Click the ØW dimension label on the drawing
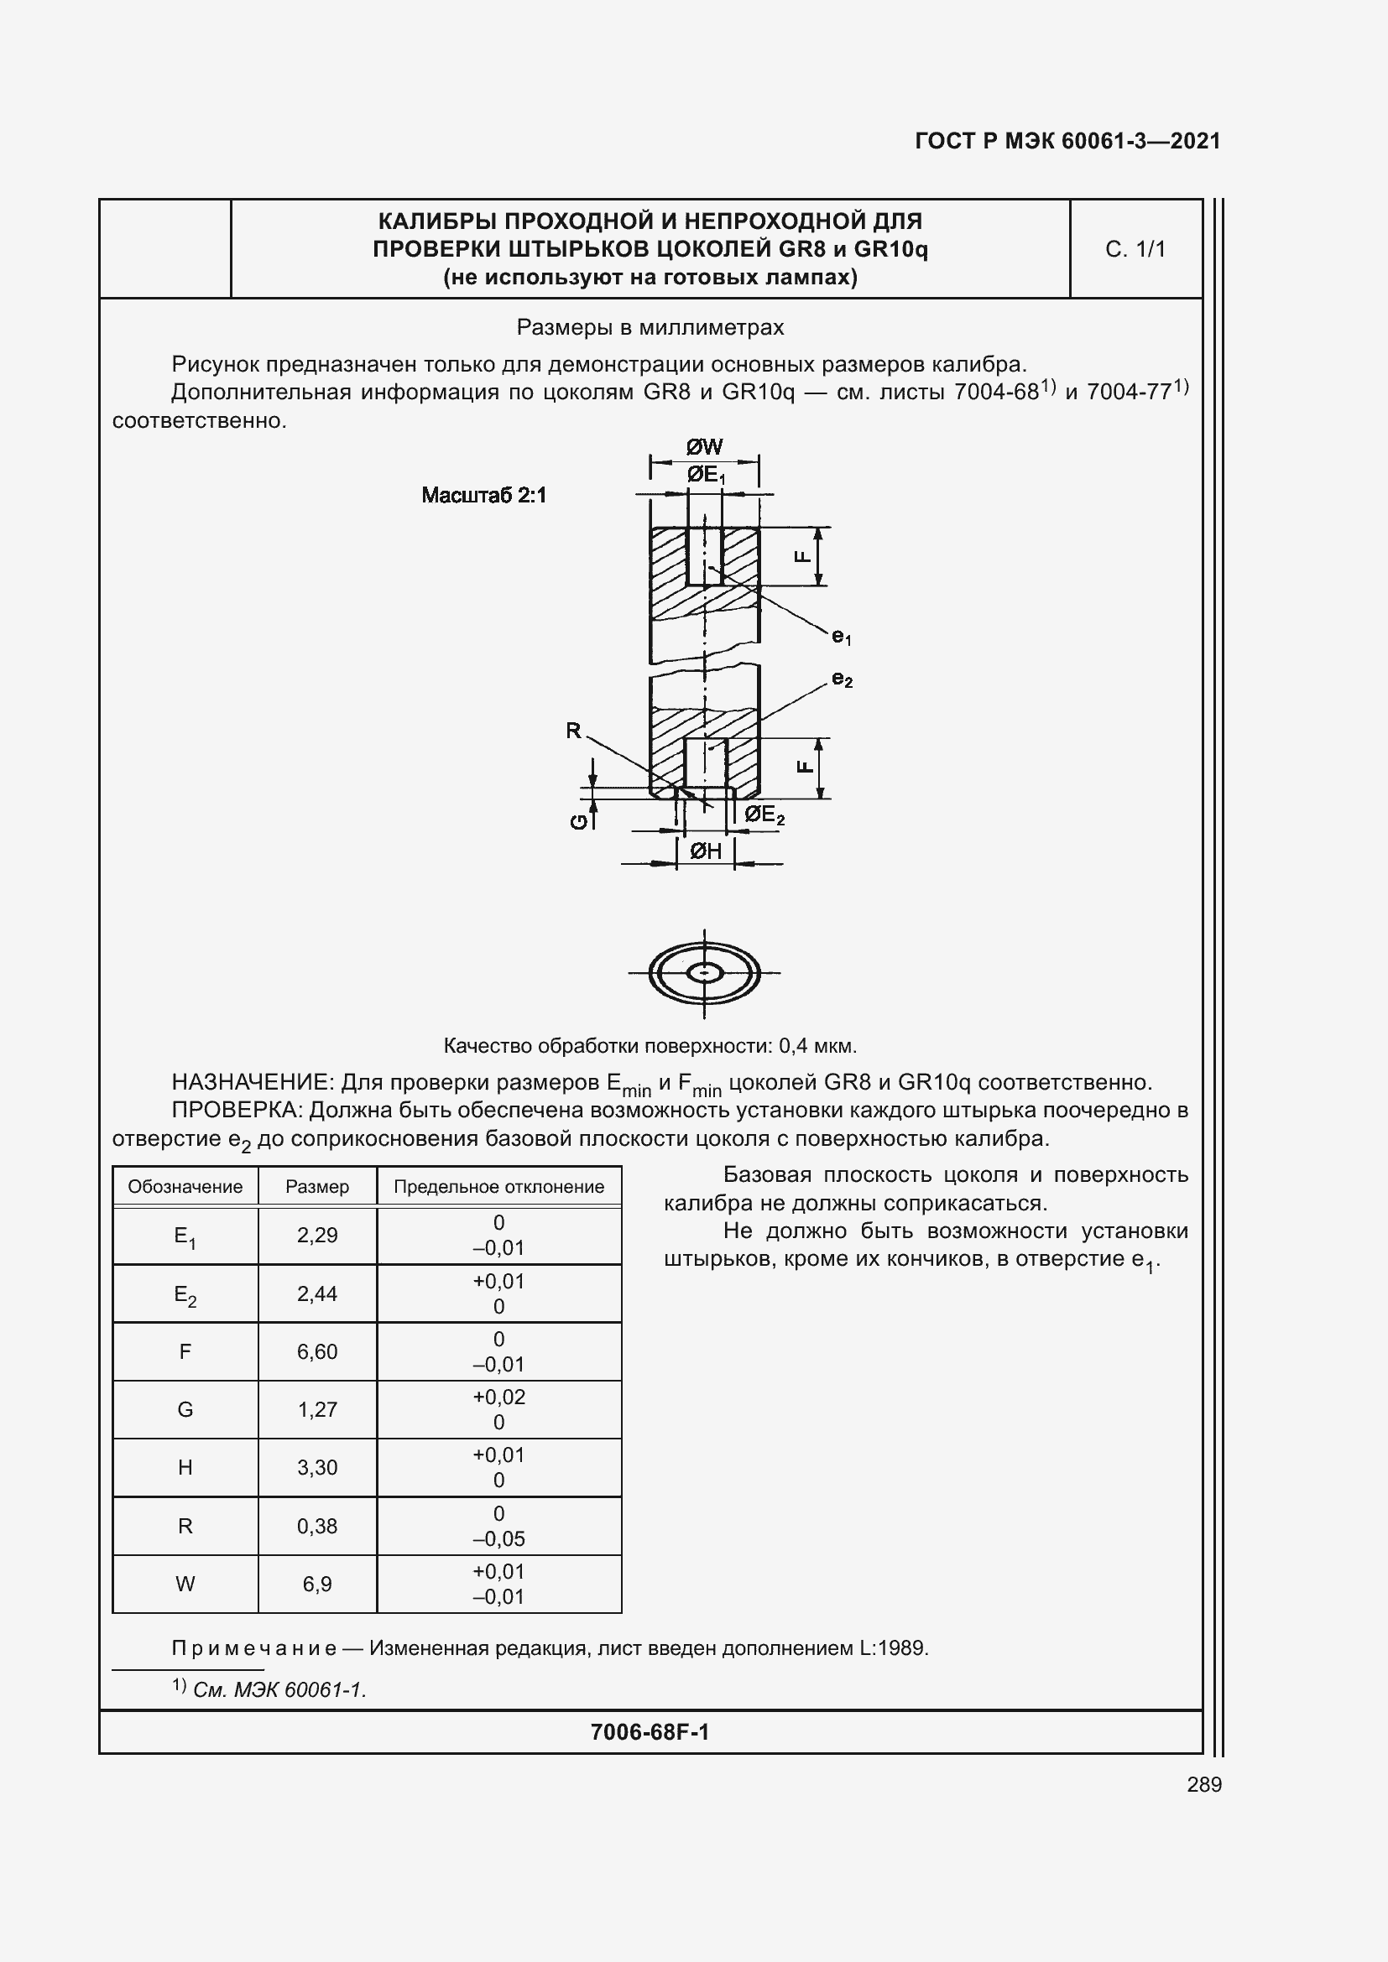(704, 447)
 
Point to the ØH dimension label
(705, 851)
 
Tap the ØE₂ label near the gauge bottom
(763, 815)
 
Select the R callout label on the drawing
(573, 731)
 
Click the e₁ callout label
(842, 637)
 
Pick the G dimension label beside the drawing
(579, 821)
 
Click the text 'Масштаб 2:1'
(483, 496)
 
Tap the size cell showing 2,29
(317, 1236)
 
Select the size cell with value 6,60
(317, 1352)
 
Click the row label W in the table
(185, 1585)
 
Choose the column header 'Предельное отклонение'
(498, 1187)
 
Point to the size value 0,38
(317, 1526)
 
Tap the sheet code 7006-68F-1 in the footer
(650, 1732)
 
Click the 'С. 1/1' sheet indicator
(1135, 249)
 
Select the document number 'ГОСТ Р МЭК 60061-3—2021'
(1067, 141)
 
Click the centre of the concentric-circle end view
(704, 972)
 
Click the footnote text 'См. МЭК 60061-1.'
(279, 1689)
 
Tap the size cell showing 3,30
(317, 1468)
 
